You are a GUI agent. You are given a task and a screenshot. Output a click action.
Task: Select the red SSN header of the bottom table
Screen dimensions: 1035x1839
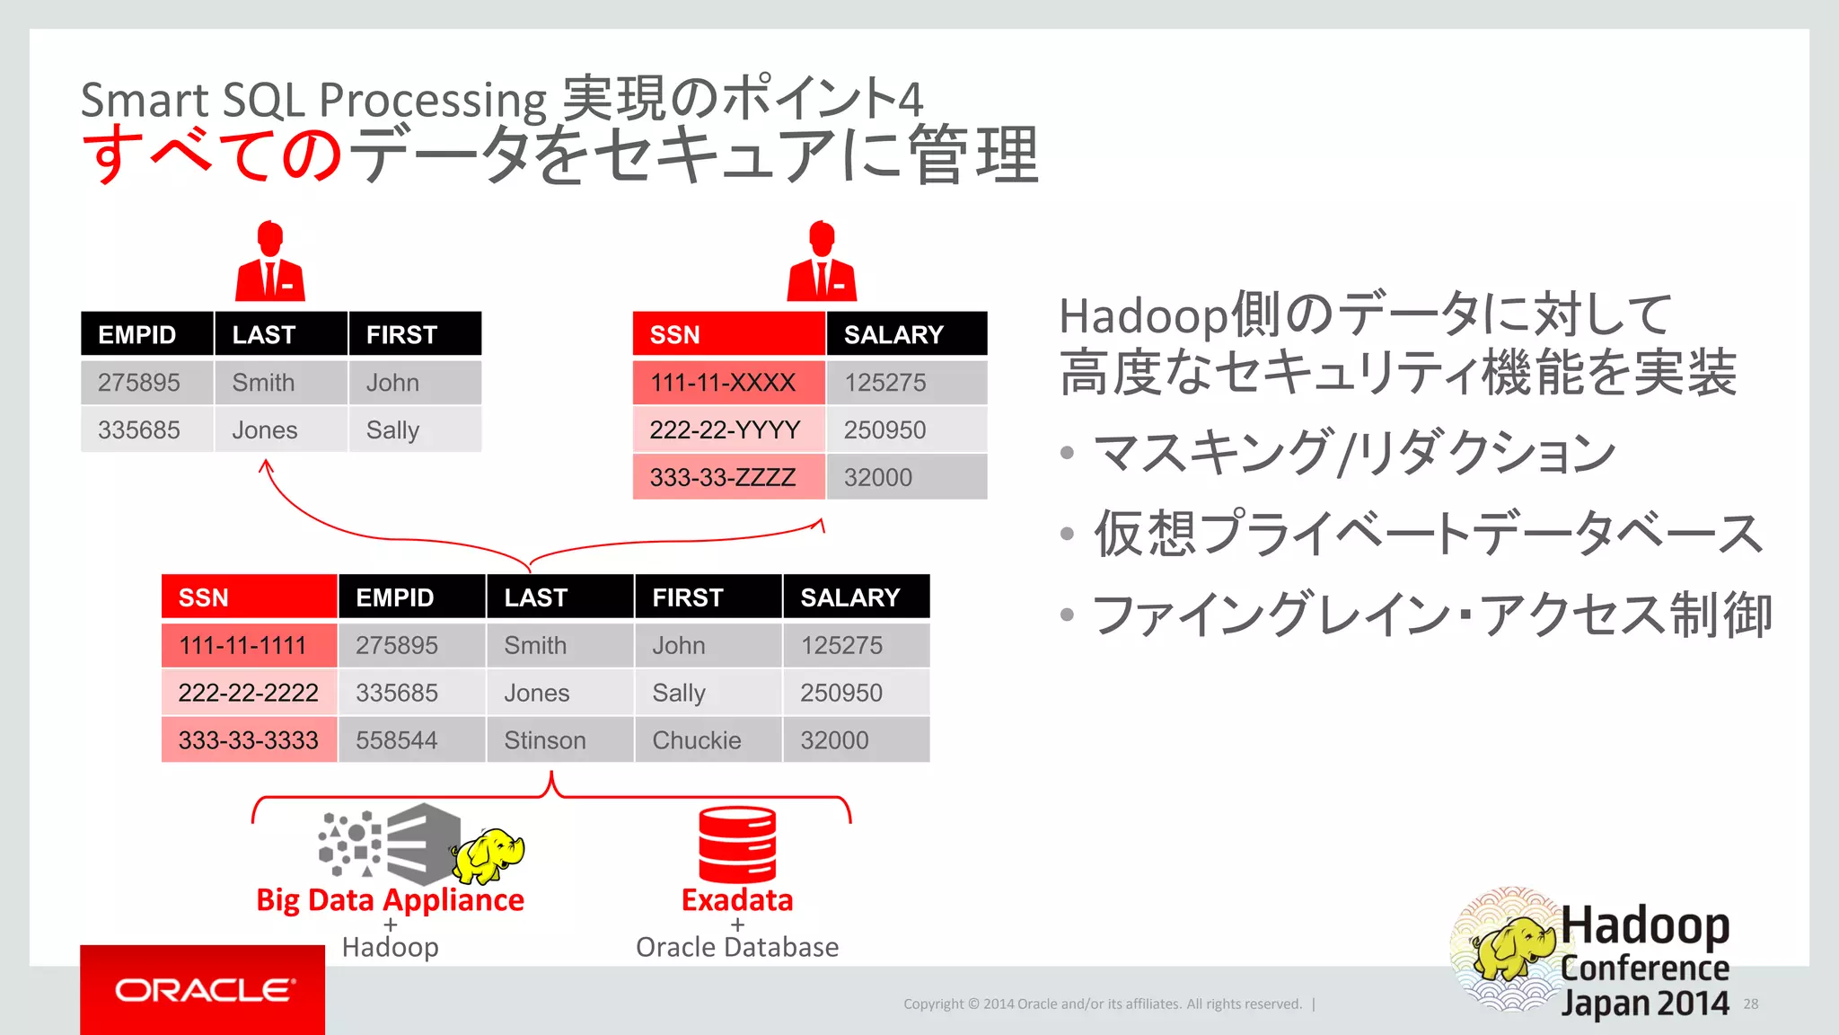tap(249, 597)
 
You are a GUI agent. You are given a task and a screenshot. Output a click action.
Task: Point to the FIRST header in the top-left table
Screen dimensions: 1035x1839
tap(414, 334)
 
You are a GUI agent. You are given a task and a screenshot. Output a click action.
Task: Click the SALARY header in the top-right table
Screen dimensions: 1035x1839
tap(905, 334)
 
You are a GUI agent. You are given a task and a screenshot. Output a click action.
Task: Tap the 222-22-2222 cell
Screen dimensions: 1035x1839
tap(249, 693)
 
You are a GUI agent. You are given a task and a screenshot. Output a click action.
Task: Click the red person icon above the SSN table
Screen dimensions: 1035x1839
tap(822, 262)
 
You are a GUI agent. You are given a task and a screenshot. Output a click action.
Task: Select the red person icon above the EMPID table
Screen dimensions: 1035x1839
tap(270, 262)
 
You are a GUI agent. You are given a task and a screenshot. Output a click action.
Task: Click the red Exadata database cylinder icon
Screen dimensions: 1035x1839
tap(737, 845)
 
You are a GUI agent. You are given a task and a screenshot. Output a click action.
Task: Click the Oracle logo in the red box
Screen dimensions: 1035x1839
tap(204, 990)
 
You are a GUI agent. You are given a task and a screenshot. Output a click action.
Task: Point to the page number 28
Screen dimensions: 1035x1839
tap(1750, 1004)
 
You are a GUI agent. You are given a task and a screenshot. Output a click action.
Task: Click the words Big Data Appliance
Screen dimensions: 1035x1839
tap(390, 900)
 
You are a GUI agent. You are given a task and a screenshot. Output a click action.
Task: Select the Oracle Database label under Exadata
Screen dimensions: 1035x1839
tap(737, 947)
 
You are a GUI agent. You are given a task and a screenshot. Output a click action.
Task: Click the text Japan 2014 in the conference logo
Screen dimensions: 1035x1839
tap(1644, 1003)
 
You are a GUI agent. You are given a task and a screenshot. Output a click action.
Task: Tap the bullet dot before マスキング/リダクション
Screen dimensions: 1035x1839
tap(1067, 452)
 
